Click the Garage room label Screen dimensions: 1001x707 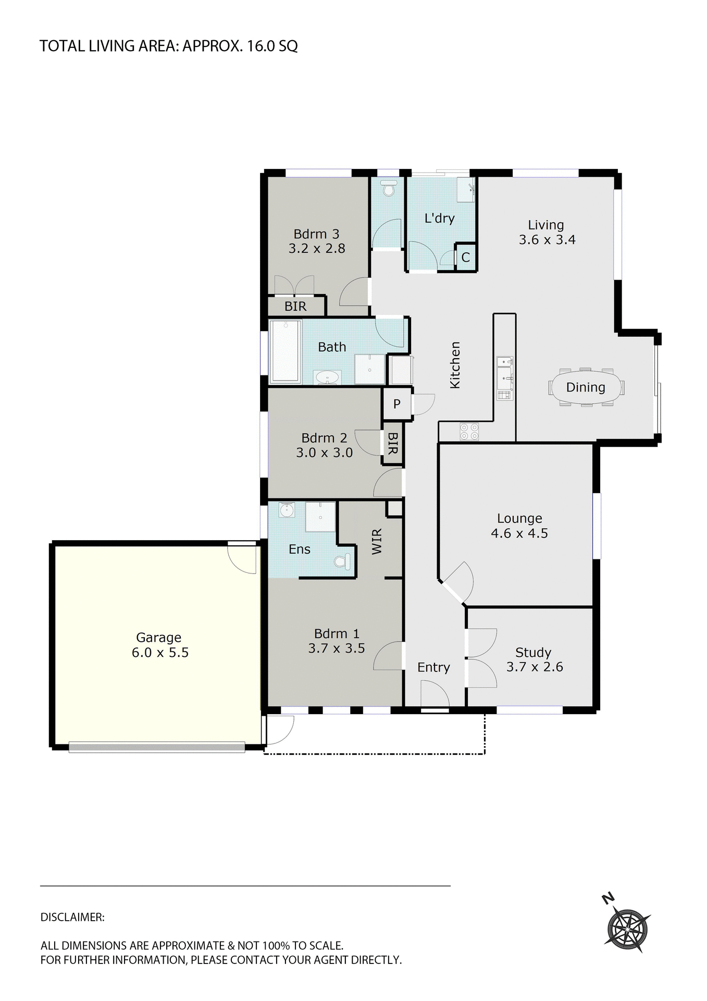(158, 637)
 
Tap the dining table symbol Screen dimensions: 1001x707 (586, 387)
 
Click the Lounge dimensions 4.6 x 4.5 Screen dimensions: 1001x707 (519, 533)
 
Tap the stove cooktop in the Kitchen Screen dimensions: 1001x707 (469, 431)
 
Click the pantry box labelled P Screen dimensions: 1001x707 (396, 404)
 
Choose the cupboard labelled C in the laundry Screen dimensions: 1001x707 (466, 257)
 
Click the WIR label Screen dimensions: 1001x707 (377, 541)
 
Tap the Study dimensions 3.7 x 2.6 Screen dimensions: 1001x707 (535, 667)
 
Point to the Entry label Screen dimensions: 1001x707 (433, 667)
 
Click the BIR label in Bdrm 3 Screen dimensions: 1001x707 (295, 307)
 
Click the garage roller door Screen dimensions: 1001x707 (156, 747)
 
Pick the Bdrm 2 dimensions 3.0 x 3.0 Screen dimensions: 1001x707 (324, 453)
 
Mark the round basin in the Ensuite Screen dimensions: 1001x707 (287, 510)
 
